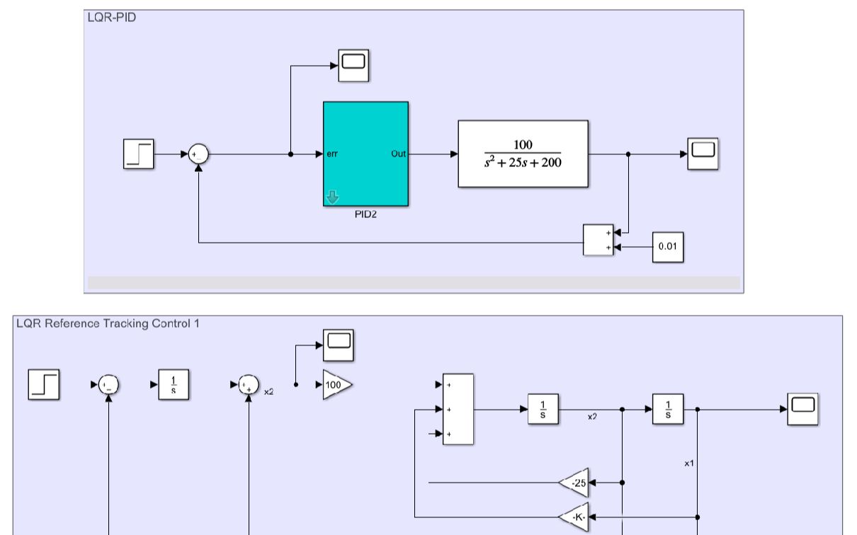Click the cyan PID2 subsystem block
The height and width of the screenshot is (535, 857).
(365, 154)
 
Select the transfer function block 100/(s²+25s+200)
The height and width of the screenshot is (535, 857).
(523, 154)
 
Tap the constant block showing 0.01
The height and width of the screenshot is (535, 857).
(668, 248)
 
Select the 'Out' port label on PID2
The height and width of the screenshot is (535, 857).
(399, 154)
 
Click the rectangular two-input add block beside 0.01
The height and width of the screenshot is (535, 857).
(598, 240)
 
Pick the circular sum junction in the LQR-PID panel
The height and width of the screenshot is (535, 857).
(199, 154)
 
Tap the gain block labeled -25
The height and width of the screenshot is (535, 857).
(574, 483)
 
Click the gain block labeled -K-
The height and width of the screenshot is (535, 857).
(574, 517)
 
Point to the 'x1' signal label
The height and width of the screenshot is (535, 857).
(688, 462)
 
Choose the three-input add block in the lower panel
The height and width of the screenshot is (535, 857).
(458, 409)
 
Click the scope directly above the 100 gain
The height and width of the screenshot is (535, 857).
(339, 345)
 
